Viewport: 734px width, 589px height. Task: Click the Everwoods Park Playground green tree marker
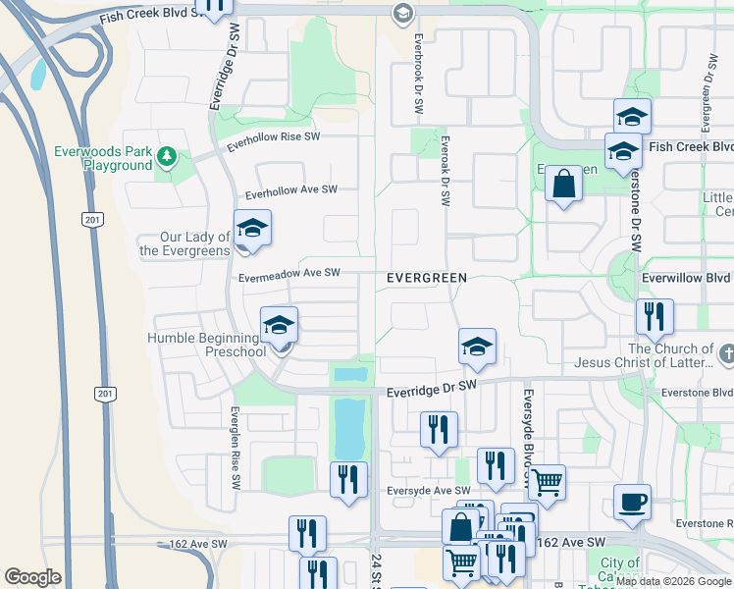pos(168,155)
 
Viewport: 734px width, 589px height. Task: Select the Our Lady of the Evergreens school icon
pos(252,230)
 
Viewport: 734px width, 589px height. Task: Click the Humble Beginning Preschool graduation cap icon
pos(279,326)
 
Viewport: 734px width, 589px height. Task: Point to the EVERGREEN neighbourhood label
pos(426,278)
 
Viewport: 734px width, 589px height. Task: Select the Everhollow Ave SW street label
pos(291,191)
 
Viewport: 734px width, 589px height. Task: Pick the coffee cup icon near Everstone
pos(632,503)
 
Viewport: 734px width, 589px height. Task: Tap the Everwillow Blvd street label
pos(687,278)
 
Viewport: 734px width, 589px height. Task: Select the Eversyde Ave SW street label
pos(428,490)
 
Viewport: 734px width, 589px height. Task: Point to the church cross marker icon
pos(726,352)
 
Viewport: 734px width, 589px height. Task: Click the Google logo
pos(33,577)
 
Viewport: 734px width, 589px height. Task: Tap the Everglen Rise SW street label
pos(236,449)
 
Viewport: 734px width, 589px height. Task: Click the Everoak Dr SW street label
pos(445,170)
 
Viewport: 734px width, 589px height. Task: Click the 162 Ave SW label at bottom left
pos(193,543)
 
